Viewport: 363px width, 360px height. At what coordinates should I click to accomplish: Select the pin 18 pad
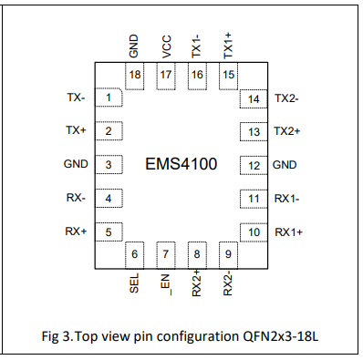(136, 75)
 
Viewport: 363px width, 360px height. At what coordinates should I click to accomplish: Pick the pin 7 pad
(166, 254)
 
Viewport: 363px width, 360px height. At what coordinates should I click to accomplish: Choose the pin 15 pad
(227, 75)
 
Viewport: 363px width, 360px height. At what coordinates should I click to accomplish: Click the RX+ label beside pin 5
(76, 231)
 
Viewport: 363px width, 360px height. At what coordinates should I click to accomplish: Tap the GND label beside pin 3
(76, 165)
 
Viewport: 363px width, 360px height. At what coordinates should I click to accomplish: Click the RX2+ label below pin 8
(197, 286)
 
